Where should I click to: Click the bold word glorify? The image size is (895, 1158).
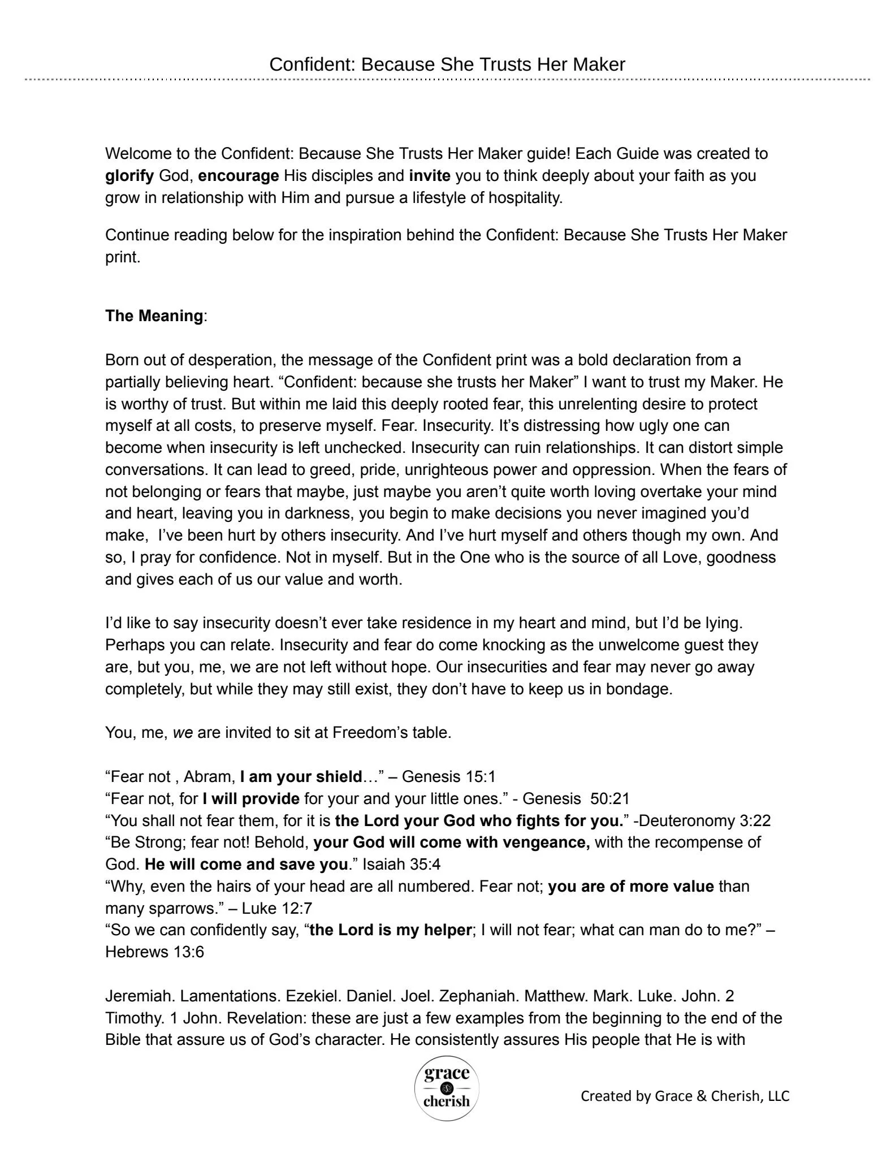[x=129, y=176]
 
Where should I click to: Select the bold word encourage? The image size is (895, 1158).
[x=238, y=176]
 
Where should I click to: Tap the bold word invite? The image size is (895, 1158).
[x=430, y=176]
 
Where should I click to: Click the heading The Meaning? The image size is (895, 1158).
[x=154, y=316]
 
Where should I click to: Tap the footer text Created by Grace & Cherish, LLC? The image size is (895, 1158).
[x=685, y=1096]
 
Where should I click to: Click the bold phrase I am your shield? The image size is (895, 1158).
[x=300, y=776]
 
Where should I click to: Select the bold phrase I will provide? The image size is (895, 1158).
[x=251, y=798]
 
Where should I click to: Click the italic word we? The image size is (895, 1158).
[x=183, y=733]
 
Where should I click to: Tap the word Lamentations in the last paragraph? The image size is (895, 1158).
[x=230, y=996]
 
